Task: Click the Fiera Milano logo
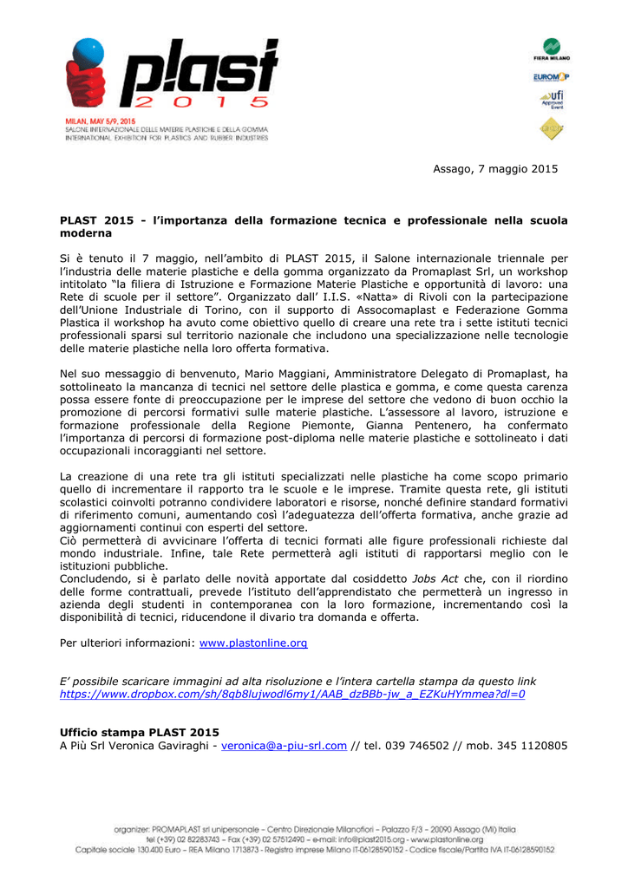click(552, 49)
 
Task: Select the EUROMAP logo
click(552, 77)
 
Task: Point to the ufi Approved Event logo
click(552, 100)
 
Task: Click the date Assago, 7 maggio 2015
click(495, 168)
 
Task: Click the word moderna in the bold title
click(87, 234)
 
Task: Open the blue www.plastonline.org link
click(253, 643)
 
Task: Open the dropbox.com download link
click(292, 695)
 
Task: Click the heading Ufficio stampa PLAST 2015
click(139, 733)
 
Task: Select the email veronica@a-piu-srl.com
click(285, 746)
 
